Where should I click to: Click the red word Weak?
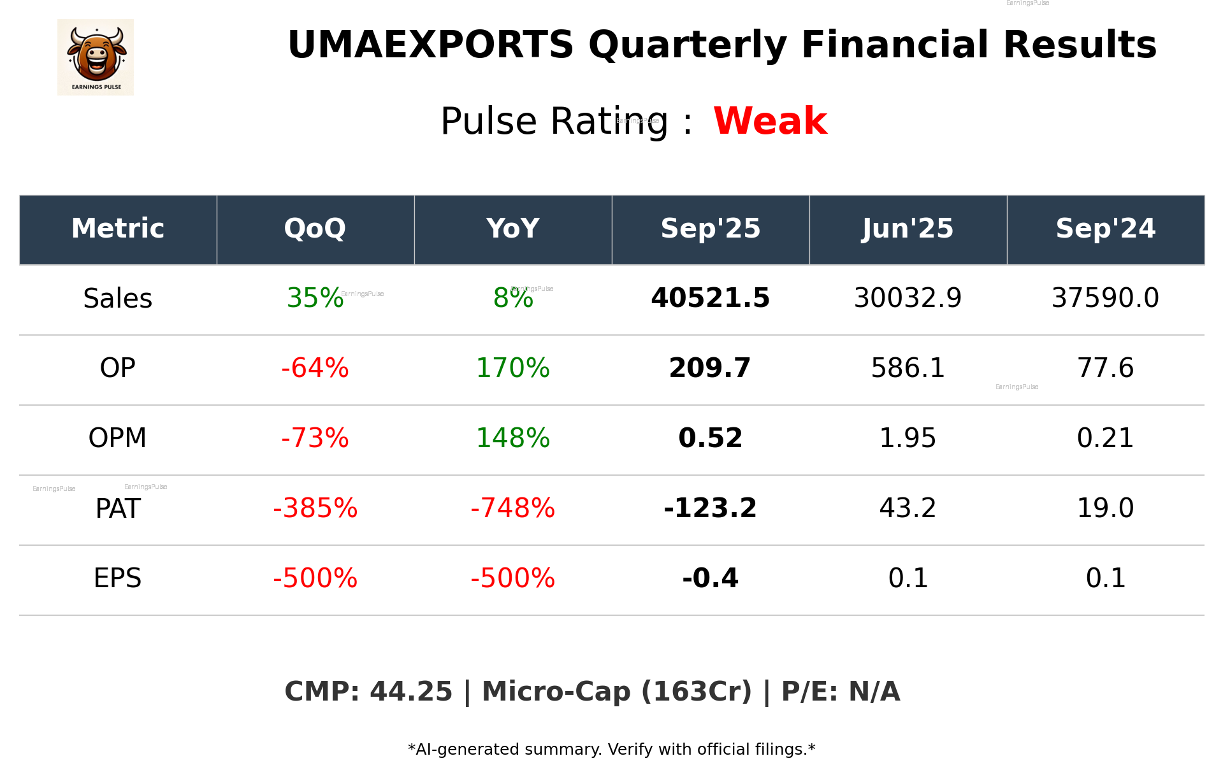770,121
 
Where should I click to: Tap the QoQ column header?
315,229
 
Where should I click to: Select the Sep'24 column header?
1105,229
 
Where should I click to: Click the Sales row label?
118,299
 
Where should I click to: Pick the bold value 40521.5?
710,298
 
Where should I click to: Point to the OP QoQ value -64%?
315,368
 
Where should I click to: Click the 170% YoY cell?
512,368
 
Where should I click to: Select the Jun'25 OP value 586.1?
908,368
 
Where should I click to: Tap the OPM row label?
118,438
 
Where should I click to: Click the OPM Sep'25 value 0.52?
710,438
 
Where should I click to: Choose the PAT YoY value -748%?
512,508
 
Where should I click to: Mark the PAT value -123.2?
710,508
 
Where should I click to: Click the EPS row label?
118,578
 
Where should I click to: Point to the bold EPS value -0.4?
710,578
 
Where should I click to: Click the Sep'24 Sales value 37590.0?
1105,298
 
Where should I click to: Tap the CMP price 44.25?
410,692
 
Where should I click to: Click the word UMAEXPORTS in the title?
431,45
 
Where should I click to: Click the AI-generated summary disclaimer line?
611,750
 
